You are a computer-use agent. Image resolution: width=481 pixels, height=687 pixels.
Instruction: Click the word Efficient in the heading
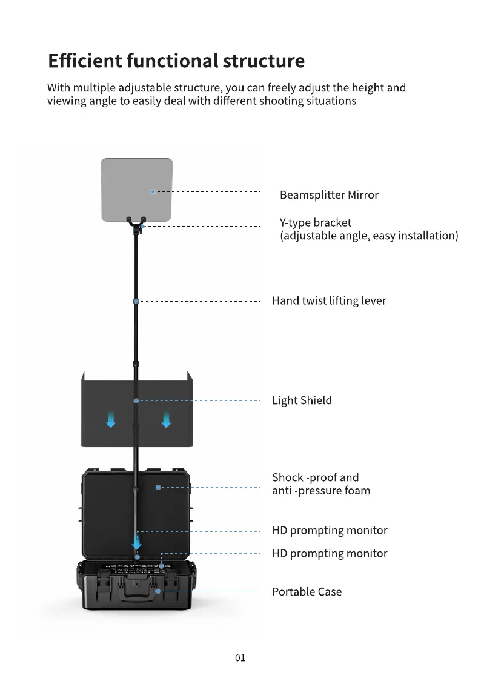tap(85, 61)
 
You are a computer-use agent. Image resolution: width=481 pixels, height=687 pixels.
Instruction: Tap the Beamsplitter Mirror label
tap(329, 195)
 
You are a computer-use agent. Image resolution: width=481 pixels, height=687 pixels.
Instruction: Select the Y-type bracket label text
tap(369, 229)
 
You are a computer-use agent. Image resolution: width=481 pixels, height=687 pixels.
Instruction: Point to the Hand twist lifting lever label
tap(329, 300)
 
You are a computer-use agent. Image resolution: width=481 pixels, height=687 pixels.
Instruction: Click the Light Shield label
tap(302, 400)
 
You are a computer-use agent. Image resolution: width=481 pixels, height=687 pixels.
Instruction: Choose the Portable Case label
tap(307, 592)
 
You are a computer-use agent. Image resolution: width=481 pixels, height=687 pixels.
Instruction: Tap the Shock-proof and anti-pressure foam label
tap(321, 483)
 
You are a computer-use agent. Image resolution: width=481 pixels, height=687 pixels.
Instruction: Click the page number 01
tap(240, 658)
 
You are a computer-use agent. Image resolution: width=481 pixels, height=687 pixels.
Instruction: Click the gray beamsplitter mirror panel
tap(137, 189)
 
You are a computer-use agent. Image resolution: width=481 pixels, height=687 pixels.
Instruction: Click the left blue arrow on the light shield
tap(111, 420)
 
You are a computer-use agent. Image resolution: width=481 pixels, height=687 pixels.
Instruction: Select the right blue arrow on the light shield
tap(166, 420)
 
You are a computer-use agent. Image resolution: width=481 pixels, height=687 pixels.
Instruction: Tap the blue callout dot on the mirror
tap(153, 192)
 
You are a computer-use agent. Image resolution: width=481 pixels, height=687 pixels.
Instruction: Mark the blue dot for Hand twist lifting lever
tap(136, 302)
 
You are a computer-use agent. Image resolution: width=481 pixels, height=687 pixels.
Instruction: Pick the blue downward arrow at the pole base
tap(137, 541)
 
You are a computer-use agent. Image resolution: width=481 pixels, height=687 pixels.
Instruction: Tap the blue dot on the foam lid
tap(158, 487)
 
